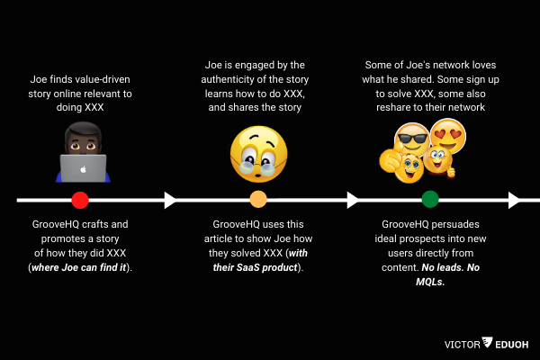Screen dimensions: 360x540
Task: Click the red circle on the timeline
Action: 79,200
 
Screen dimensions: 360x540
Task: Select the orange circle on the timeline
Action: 258,200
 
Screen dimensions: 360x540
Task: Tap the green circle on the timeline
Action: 429,200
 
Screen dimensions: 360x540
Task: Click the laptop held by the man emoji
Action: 83,168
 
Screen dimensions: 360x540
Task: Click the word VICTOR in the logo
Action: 462,343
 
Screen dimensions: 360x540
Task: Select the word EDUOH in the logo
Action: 511,343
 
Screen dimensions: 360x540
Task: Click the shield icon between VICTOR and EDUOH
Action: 487,343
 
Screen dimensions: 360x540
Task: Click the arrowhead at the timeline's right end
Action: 513,200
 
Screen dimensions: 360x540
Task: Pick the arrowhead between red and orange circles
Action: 169,200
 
